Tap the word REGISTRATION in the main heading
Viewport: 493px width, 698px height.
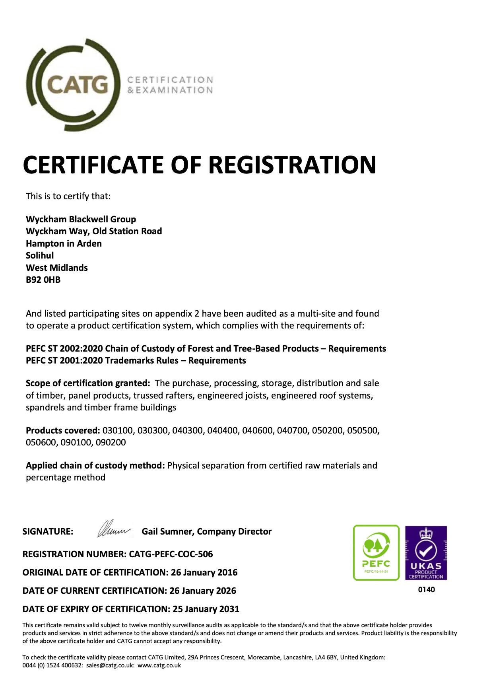point(292,165)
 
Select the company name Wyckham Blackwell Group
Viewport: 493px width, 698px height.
point(81,219)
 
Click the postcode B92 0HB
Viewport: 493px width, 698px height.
point(43,280)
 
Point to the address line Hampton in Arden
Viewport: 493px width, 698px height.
point(64,243)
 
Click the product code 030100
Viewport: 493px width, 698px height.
point(118,430)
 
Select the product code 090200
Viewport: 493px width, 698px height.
point(111,442)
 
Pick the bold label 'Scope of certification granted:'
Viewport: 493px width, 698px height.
point(88,383)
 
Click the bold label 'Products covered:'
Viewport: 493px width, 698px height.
point(63,430)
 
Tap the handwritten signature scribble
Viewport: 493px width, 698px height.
point(113,529)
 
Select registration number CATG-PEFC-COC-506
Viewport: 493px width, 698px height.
point(171,554)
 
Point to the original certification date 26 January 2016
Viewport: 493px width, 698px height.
point(204,572)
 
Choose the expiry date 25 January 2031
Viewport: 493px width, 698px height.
point(206,609)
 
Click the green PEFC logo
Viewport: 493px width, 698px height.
point(376,552)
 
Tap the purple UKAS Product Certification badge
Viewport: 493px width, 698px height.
point(426,552)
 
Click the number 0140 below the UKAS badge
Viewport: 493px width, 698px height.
point(426,589)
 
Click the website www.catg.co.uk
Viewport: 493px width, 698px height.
point(159,665)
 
